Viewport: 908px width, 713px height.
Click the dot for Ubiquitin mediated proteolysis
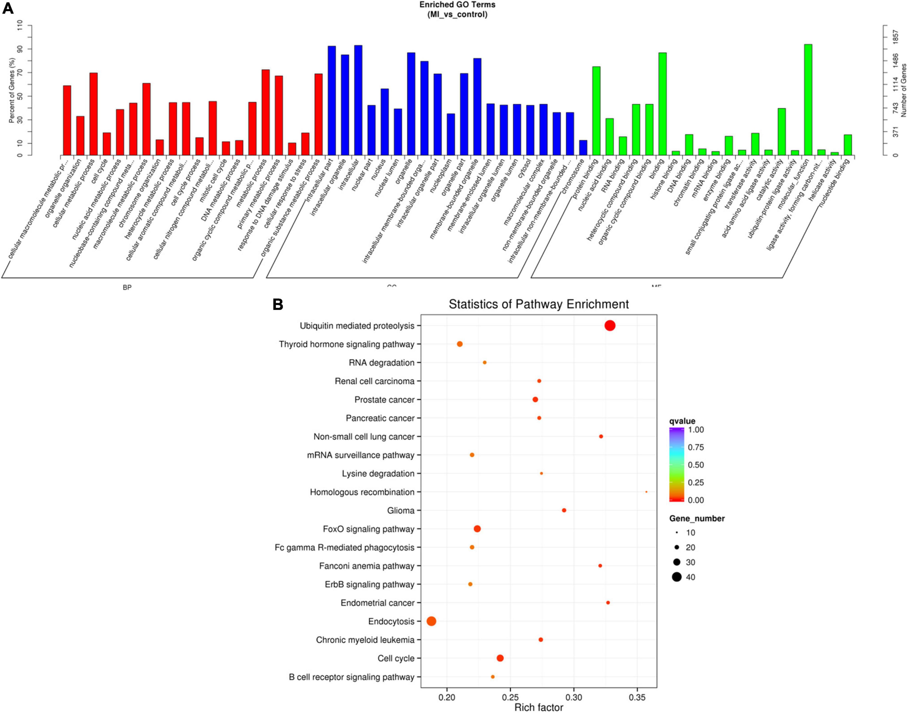pyautogui.click(x=610, y=326)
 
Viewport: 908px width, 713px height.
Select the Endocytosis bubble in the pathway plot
pyautogui.click(x=432, y=621)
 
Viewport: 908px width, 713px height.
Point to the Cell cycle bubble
pyautogui.click(x=500, y=658)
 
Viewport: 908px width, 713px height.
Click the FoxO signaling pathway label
pyautogui.click(x=368, y=529)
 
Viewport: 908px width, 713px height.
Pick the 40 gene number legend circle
pyautogui.click(x=676, y=577)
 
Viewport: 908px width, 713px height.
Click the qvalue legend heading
pyautogui.click(x=682, y=421)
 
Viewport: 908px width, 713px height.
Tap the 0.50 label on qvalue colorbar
pyautogui.click(x=695, y=465)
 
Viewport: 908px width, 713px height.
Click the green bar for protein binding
pyautogui.click(x=596, y=111)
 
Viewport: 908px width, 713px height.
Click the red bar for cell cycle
pyautogui.click(x=107, y=144)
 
